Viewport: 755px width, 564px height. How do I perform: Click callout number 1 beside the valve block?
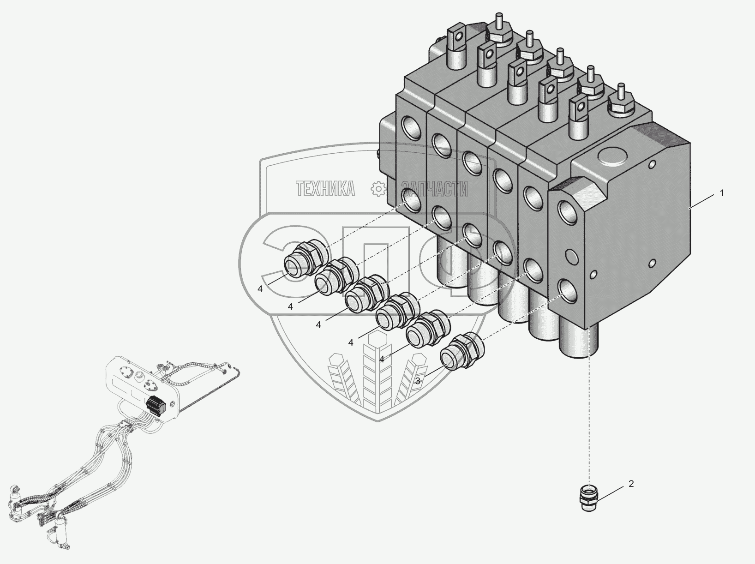(722, 193)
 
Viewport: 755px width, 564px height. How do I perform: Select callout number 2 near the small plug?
(631, 484)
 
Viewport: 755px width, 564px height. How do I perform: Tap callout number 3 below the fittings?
(417, 381)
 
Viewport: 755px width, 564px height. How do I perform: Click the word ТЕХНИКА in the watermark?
(325, 189)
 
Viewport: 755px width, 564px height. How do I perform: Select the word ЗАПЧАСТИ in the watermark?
(434, 189)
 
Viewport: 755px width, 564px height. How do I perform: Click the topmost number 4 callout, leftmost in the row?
(260, 289)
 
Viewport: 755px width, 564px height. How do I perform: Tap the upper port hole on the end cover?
(567, 212)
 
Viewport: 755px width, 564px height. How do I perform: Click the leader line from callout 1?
(704, 201)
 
